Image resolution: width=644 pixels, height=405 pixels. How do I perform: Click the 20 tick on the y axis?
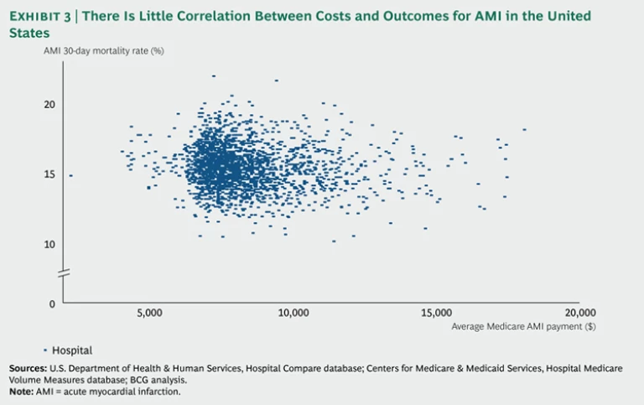(x=50, y=105)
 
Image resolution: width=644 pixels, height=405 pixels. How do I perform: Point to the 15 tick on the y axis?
(x=50, y=174)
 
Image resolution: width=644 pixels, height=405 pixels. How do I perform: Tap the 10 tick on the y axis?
(x=50, y=244)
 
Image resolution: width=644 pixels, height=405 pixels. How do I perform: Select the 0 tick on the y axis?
(x=52, y=304)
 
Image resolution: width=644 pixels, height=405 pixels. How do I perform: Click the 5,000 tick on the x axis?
(x=148, y=313)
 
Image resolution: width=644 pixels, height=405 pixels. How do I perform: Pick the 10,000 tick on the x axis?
(x=292, y=313)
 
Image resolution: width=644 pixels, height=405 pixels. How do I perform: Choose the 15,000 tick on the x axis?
(x=435, y=313)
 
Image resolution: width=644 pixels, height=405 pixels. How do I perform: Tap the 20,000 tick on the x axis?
(x=578, y=313)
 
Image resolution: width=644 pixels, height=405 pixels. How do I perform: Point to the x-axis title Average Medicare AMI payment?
(x=512, y=325)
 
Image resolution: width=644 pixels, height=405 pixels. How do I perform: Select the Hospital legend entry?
(x=71, y=350)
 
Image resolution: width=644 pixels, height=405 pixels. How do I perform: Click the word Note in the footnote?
(x=21, y=391)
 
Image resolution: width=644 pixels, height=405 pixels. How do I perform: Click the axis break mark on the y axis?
(x=63, y=273)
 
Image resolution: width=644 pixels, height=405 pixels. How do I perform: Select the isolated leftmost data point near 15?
(x=71, y=175)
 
